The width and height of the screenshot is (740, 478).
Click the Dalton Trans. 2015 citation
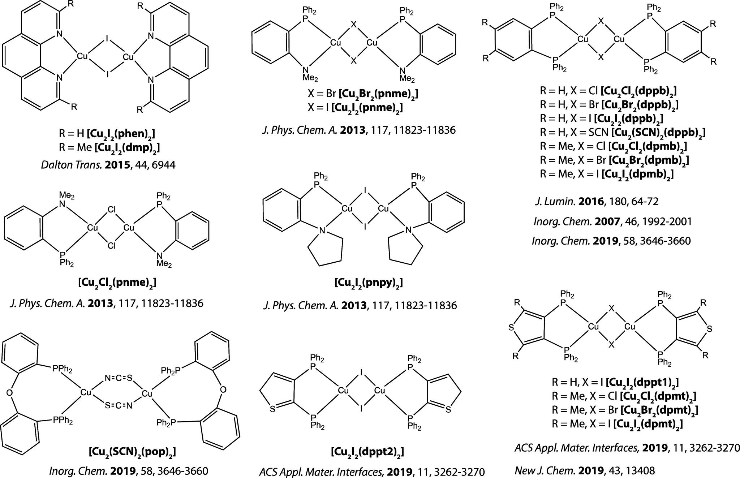coord(108,165)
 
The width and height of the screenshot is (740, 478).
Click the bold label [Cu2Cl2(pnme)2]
coord(117,283)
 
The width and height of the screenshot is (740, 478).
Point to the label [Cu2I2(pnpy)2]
coord(369,283)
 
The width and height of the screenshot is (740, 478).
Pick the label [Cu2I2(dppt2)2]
coord(367,452)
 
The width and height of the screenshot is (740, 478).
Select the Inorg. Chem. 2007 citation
coord(612,221)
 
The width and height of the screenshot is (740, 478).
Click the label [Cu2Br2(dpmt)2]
coord(659,410)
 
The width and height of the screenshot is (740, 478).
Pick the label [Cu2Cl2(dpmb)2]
coord(647,146)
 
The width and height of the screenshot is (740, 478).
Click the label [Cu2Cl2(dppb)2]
coord(638,91)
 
